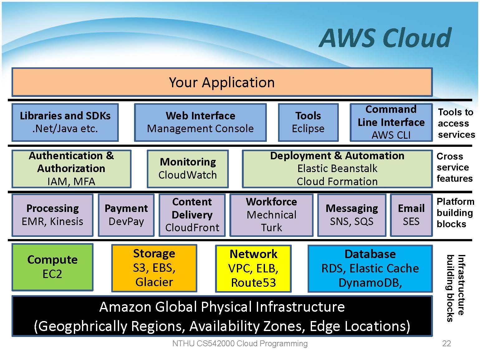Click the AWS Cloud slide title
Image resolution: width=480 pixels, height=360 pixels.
click(385, 38)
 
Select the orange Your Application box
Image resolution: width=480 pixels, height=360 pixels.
click(222, 82)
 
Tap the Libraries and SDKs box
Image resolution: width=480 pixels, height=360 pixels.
click(65, 122)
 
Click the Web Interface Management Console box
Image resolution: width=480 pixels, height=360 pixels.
click(200, 122)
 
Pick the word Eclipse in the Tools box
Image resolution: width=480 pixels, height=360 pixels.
click(308, 129)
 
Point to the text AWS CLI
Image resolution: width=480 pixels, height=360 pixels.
click(391, 135)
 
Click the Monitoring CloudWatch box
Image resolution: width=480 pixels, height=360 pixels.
click(188, 169)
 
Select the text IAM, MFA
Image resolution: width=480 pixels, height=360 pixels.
click(71, 181)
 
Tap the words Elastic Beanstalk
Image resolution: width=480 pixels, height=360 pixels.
click(337, 169)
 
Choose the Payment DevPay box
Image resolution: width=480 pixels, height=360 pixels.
click(126, 215)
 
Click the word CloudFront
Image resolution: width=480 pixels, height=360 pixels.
click(192, 228)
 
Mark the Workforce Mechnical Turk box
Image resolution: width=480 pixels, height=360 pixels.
click(271, 215)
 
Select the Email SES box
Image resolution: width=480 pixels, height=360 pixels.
click(411, 215)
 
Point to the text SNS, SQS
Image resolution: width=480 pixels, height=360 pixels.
click(352, 221)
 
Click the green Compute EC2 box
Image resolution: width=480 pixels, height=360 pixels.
click(52, 267)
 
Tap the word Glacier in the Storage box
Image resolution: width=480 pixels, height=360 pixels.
click(154, 282)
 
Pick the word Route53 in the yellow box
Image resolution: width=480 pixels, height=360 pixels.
click(253, 283)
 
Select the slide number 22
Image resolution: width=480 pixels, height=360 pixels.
click(446, 343)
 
